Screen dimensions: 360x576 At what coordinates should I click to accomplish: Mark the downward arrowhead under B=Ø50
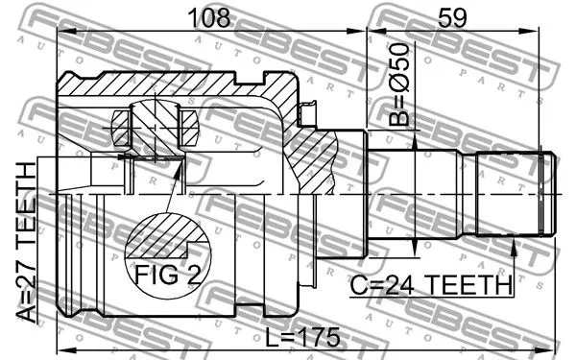[x=415, y=144]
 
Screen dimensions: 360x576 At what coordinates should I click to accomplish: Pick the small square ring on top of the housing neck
[x=308, y=114]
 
